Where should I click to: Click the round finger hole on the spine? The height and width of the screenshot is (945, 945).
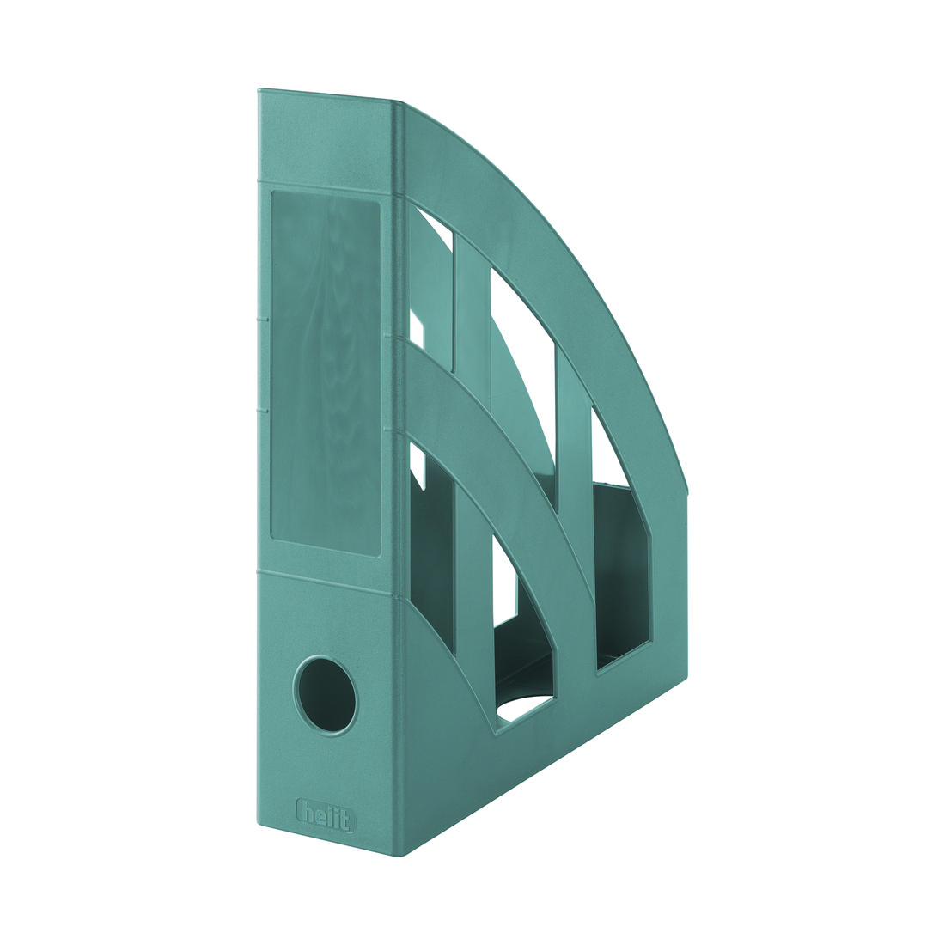pyautogui.click(x=323, y=695)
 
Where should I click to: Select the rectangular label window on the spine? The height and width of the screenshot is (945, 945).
pyautogui.click(x=326, y=373)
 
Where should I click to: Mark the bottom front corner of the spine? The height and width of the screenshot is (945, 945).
pyautogui.click(x=402, y=855)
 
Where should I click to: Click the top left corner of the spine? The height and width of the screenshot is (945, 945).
pyautogui.click(x=258, y=88)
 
